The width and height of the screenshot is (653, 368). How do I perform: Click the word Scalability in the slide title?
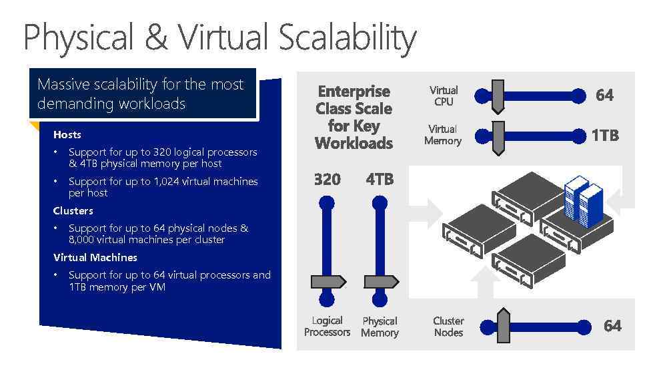coord(347,37)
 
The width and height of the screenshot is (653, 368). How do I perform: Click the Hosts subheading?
coord(67,134)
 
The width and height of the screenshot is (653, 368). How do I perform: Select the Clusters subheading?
coord(73,210)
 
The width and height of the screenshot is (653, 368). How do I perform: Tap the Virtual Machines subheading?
coord(95,257)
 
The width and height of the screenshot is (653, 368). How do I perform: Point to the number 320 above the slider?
coord(327,179)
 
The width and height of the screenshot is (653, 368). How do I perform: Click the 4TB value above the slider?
coord(380,179)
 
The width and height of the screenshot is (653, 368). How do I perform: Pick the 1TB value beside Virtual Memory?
coord(604,135)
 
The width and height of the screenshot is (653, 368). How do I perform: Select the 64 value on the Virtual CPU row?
coord(604,95)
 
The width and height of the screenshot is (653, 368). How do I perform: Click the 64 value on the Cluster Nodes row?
coord(612,326)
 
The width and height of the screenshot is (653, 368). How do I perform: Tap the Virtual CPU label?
coord(444,96)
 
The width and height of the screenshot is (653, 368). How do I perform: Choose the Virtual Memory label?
coord(443,134)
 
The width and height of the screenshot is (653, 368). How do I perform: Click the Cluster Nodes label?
coord(448,326)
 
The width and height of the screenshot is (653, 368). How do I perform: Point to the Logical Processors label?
coord(327,326)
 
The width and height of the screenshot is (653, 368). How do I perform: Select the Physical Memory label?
coord(380,327)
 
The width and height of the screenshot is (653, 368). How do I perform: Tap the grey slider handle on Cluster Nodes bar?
coord(504,326)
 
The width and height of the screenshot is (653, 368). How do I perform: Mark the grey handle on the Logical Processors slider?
coord(328,281)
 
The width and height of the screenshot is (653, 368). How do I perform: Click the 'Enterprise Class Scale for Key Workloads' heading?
coord(354,117)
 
